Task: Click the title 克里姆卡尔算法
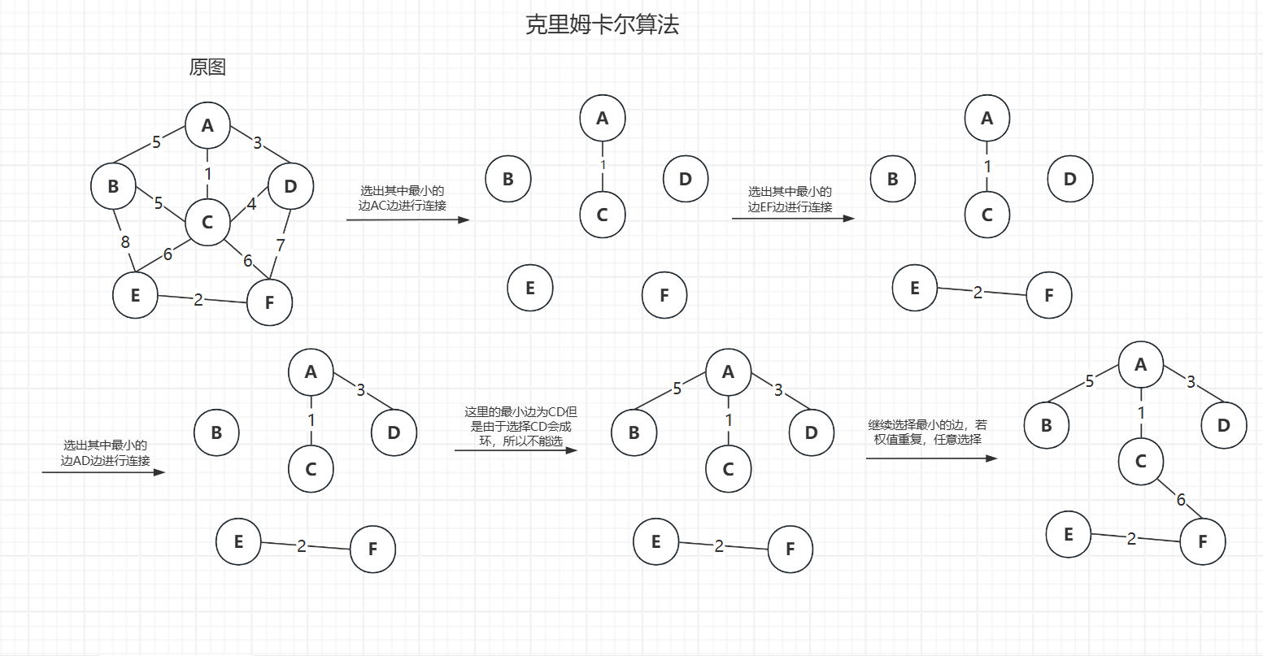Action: tap(602, 25)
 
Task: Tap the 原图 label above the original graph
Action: tap(207, 67)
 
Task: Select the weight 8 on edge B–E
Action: tap(124, 241)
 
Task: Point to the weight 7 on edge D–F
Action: tap(281, 245)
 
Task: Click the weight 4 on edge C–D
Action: tap(251, 204)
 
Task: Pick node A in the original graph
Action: tap(207, 125)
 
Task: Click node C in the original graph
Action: tap(207, 222)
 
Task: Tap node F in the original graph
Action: tap(269, 302)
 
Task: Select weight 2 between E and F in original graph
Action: tap(198, 300)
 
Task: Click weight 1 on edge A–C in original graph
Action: tap(208, 173)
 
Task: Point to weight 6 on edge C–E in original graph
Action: tap(168, 254)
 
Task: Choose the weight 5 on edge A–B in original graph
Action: tap(157, 142)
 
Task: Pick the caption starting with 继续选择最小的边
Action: tap(927, 432)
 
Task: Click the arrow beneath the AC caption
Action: tap(408, 219)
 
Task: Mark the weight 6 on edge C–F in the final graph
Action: tap(1181, 500)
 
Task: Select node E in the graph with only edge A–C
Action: tap(530, 287)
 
